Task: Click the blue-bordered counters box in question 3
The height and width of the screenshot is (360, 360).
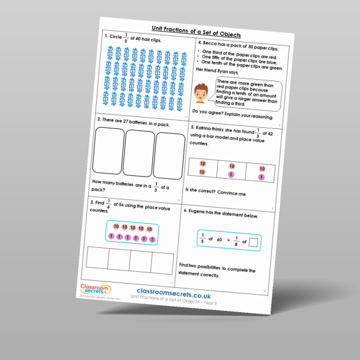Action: (131, 233)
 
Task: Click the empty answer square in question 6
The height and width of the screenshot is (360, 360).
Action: (254, 242)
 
